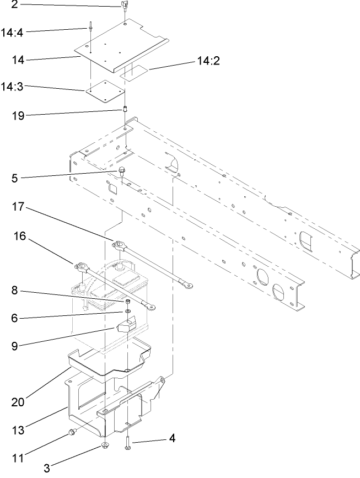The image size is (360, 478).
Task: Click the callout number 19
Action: click(x=18, y=115)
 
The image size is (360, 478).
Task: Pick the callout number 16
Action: click(x=20, y=236)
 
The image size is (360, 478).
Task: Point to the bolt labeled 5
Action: click(x=122, y=173)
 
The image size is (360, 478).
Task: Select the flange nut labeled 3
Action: click(x=104, y=445)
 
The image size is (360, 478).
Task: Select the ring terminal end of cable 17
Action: click(x=187, y=285)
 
